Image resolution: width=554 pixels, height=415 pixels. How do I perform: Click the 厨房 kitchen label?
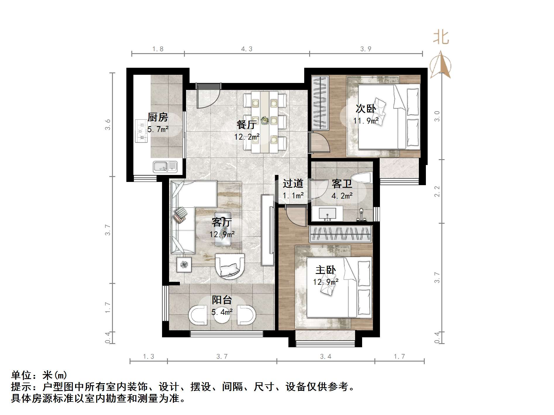point(158,117)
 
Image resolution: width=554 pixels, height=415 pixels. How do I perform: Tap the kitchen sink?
point(165,166)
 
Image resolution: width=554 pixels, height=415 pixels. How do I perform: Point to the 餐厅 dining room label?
point(247,125)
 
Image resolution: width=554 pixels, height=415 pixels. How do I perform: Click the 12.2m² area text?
point(247,137)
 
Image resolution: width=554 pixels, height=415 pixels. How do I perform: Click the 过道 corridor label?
point(293,183)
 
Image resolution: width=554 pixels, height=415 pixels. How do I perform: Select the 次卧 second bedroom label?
point(366,109)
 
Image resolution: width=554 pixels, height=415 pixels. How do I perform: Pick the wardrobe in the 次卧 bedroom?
point(320,103)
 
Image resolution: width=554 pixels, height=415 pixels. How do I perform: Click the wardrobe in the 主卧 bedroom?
point(340,234)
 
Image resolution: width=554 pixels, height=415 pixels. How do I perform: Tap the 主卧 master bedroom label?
point(326,270)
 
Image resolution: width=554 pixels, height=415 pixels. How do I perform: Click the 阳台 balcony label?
point(222,300)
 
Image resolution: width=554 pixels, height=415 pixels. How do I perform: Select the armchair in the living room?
point(230,266)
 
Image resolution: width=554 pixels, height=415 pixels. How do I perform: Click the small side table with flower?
point(184,265)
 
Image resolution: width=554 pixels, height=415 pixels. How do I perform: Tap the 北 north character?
point(441,38)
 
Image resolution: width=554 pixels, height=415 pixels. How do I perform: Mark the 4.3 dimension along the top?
point(247,49)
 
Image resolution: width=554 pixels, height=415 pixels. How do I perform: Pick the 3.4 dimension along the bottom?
point(326,356)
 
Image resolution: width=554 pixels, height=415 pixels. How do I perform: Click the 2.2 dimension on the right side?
point(437,191)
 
